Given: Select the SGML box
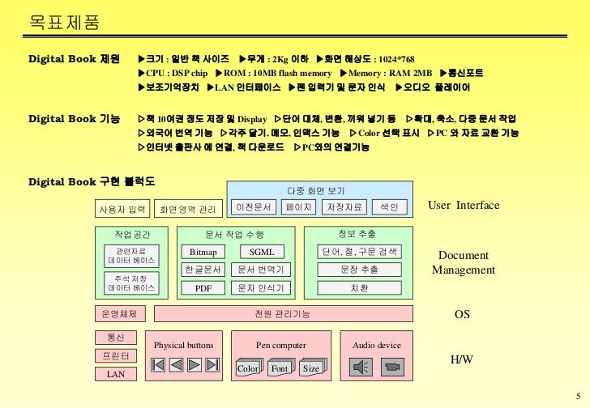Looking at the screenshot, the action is tap(261, 252).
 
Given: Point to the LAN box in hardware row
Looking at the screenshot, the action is tap(116, 374).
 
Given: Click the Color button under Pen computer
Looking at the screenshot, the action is tap(248, 369).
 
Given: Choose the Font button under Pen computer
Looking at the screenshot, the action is tap(280, 369).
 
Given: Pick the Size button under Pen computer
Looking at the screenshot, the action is tap(311, 369).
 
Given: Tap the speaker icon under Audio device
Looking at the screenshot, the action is tap(361, 368).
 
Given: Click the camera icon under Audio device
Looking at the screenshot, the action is tap(392, 368).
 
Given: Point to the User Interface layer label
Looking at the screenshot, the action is tap(464, 206).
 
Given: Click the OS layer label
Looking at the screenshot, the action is tap(462, 314).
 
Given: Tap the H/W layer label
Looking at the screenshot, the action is tap(461, 359).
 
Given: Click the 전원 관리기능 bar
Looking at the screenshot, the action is tap(282, 314).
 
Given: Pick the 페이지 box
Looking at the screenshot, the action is tap(299, 208).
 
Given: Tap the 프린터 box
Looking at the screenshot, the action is tap(116, 356).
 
